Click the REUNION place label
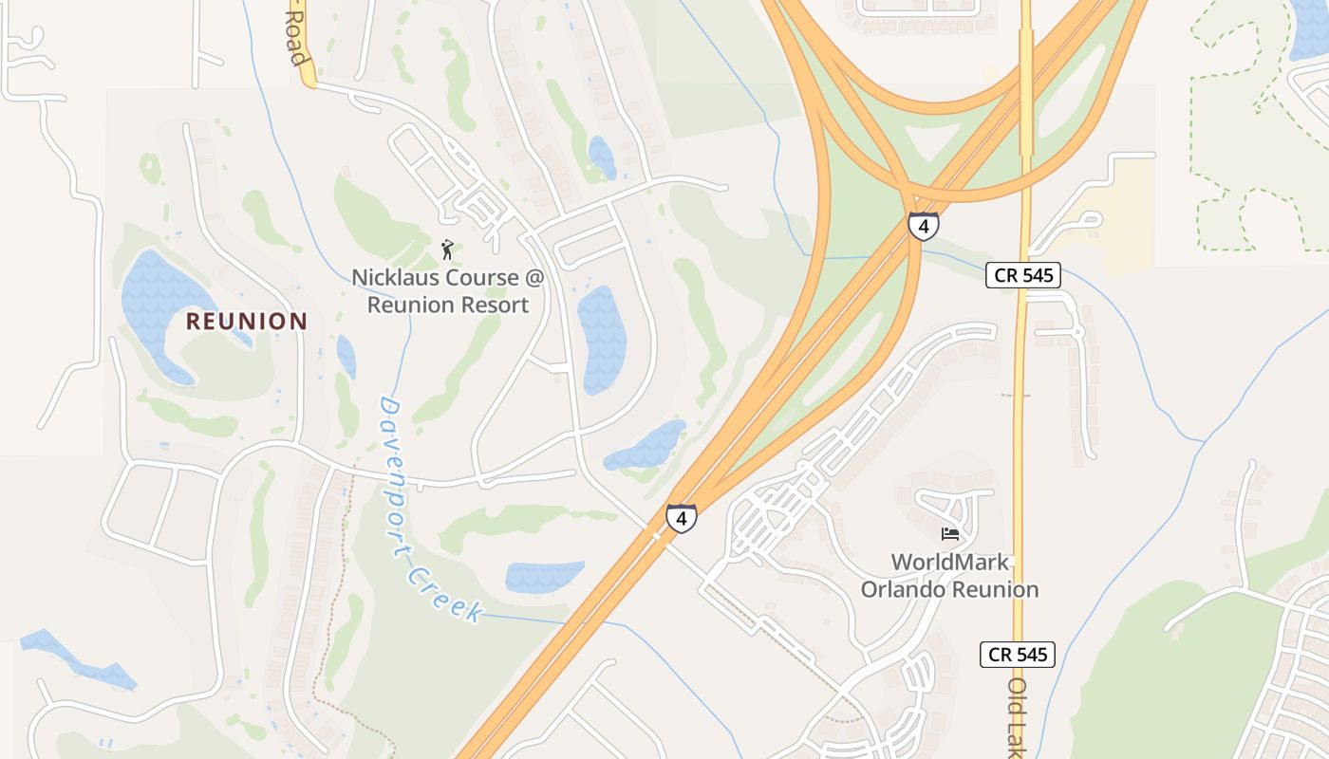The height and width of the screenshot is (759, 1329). (247, 321)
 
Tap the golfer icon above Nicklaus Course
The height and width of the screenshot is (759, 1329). (447, 250)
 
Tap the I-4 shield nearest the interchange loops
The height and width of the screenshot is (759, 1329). (923, 226)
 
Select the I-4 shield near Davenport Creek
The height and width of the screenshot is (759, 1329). (681, 518)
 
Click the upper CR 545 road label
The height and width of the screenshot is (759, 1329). (1022, 275)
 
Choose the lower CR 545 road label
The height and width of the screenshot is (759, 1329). (1018, 654)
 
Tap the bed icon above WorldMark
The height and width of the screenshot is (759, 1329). (949, 534)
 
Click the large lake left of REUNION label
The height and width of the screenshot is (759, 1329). (157, 304)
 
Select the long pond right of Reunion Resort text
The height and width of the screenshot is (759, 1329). (601, 337)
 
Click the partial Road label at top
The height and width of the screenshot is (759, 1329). (299, 43)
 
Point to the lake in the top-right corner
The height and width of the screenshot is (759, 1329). (1310, 28)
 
